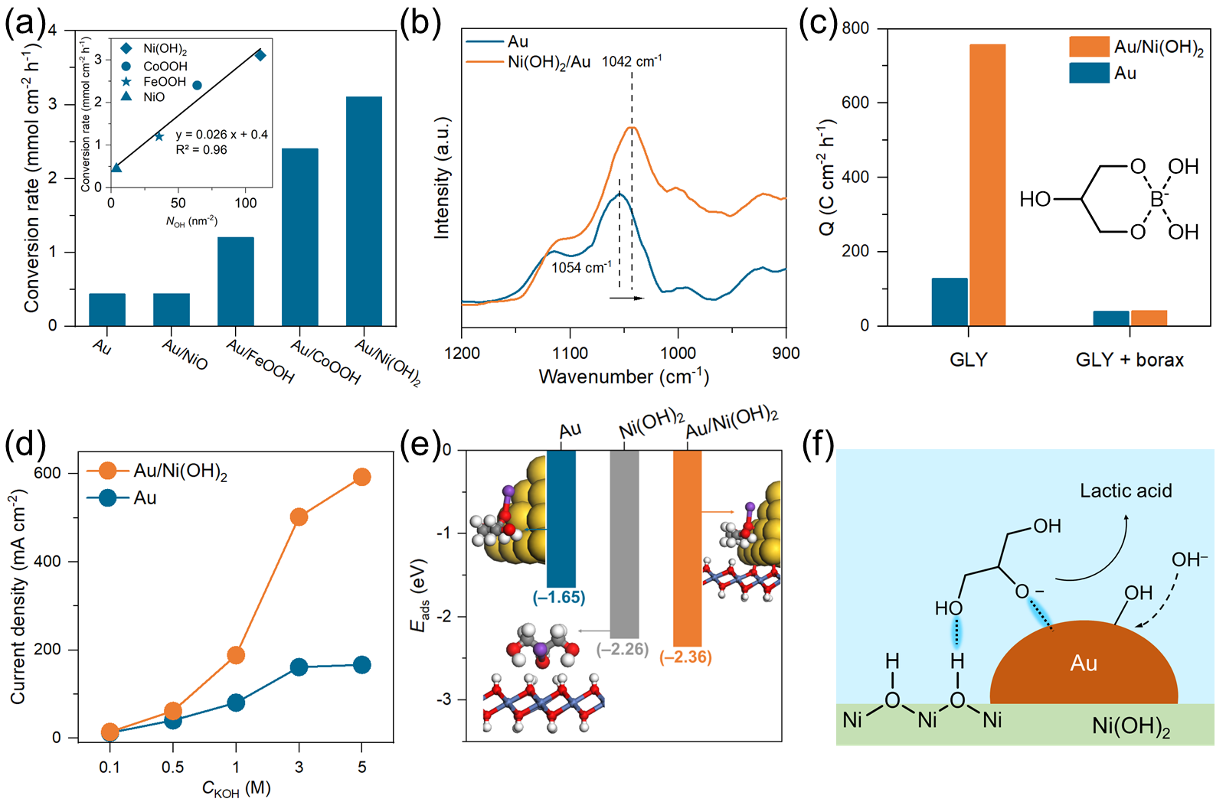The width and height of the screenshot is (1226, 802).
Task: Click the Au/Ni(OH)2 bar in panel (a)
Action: [x=364, y=211]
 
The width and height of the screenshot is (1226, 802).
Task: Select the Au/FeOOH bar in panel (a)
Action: [x=235, y=281]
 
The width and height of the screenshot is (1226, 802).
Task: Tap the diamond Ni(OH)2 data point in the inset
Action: [x=260, y=55]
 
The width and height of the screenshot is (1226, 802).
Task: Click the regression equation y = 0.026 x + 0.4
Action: [x=221, y=135]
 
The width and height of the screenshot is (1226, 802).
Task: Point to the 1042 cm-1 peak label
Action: [x=632, y=61]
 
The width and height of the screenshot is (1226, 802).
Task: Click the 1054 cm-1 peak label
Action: [x=581, y=268]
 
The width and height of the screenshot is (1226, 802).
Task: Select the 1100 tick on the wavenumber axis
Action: [x=570, y=353]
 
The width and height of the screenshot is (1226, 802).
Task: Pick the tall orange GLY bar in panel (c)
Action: [x=987, y=185]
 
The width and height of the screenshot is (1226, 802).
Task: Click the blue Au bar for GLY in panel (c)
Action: [x=950, y=302]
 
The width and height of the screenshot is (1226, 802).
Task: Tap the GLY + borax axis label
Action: [x=1130, y=360]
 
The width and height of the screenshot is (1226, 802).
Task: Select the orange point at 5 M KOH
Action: [x=361, y=477]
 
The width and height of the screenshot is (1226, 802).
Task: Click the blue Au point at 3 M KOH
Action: [x=299, y=667]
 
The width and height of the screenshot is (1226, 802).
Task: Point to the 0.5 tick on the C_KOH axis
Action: [x=172, y=767]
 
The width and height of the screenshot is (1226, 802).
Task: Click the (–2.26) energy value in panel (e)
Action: [x=623, y=650]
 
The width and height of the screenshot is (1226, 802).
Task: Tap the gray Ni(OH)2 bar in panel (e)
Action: [x=625, y=544]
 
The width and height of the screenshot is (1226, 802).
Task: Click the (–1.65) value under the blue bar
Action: [x=559, y=597]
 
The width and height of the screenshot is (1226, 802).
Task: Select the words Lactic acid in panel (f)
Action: [x=1126, y=491]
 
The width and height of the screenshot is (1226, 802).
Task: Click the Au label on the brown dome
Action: [x=1084, y=663]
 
